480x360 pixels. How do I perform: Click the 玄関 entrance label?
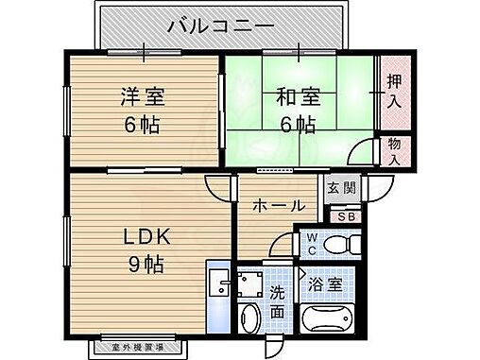[342, 188]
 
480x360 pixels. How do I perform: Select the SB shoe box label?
[346, 216]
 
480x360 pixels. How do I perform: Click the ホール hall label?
[277, 205]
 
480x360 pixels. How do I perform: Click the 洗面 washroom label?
[277, 301]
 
